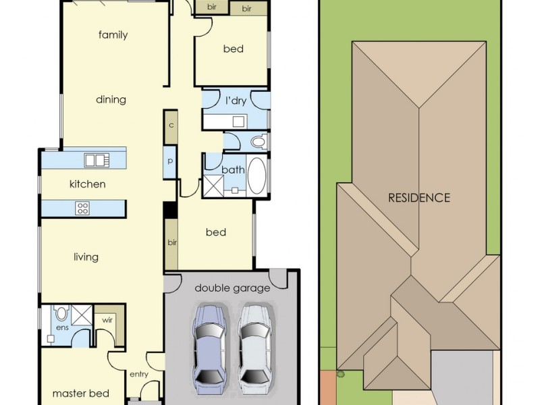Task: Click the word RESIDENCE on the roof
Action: tap(418, 198)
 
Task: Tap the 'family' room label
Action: tap(113, 35)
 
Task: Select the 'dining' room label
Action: tap(111, 99)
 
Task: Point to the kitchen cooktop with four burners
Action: tap(82, 209)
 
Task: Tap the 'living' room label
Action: tap(86, 257)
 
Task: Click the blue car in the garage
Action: tap(210, 349)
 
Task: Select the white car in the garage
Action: tap(256, 349)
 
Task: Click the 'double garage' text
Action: tap(232, 288)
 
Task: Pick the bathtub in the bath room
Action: tap(257, 175)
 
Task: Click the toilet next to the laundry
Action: tap(259, 142)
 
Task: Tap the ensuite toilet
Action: tap(61, 313)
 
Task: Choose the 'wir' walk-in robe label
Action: tap(107, 320)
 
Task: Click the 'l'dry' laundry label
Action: tap(236, 101)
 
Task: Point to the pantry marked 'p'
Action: tap(170, 162)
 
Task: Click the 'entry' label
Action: tap(139, 375)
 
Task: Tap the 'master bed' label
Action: tap(81, 394)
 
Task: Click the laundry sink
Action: tap(239, 122)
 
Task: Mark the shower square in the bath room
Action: tap(213, 186)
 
